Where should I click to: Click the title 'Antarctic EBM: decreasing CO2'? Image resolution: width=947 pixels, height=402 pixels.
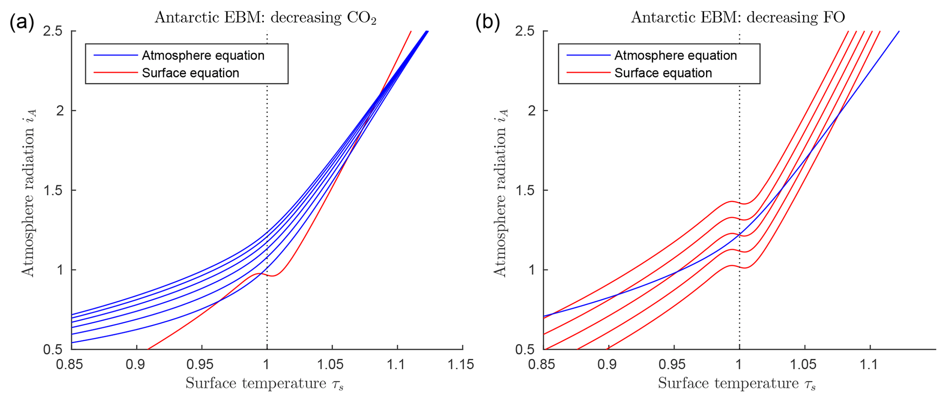click(266, 17)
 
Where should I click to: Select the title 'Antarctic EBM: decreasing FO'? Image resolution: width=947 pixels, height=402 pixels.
click(738, 17)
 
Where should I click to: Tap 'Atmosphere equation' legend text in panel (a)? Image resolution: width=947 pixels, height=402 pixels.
click(203, 56)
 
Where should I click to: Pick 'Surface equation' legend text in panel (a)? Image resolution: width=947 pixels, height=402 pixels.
click(191, 73)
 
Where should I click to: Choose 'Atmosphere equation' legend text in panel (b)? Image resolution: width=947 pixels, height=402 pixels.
click(675, 56)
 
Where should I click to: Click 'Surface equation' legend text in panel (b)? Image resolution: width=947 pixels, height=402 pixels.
click(663, 73)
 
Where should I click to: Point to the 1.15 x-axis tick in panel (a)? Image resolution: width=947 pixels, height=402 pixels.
click(461, 365)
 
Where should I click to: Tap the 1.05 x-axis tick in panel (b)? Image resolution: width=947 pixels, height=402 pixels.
click(804, 365)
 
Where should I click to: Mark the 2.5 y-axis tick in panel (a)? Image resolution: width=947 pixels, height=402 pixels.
click(53, 31)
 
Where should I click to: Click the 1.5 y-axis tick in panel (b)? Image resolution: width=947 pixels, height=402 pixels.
click(526, 190)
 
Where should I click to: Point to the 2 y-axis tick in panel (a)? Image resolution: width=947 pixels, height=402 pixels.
click(60, 111)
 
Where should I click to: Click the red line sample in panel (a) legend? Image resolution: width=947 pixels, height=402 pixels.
click(115, 73)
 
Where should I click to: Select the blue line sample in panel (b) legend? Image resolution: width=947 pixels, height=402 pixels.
click(588, 56)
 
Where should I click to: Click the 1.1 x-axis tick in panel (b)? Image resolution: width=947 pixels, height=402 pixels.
click(869, 365)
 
